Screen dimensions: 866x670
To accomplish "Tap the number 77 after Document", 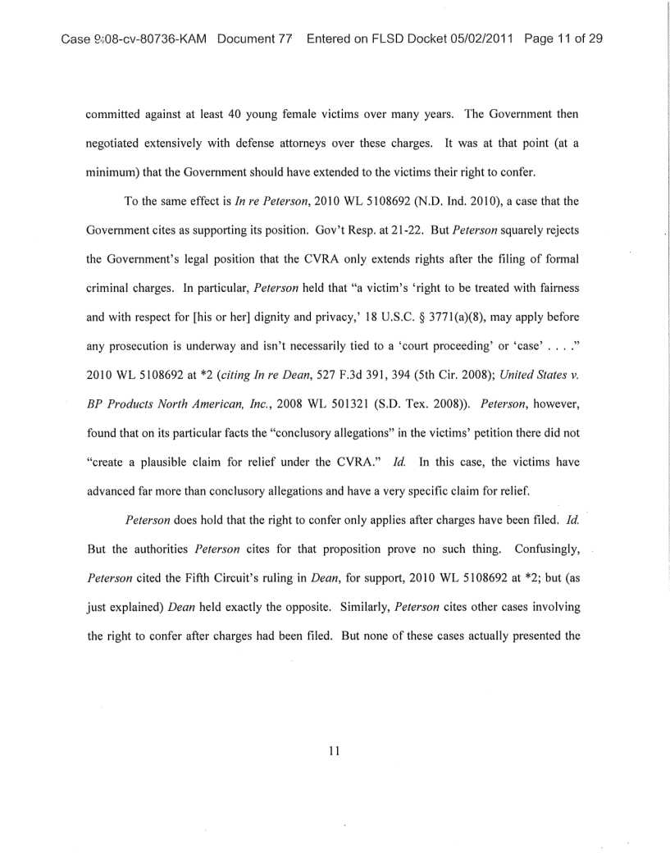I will pyautogui.click(x=285, y=39).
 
